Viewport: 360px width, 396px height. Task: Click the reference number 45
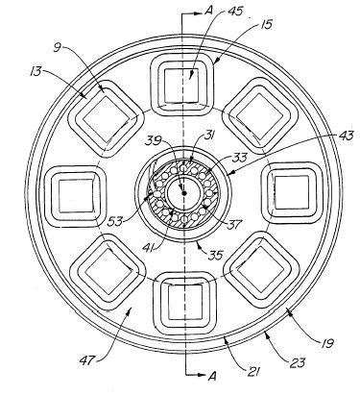pyautogui.click(x=235, y=12)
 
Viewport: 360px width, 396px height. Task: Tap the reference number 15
pyautogui.click(x=265, y=24)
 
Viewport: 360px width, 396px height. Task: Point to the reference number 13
pyautogui.click(x=36, y=71)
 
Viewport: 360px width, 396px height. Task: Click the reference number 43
pyautogui.click(x=345, y=136)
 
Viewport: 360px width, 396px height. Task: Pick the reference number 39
pyautogui.click(x=155, y=140)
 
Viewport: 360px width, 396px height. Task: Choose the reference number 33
pyautogui.click(x=240, y=157)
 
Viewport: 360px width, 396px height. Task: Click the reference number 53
pyautogui.click(x=115, y=221)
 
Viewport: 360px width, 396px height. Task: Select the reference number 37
pyautogui.click(x=234, y=224)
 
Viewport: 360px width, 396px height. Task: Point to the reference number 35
pyautogui.click(x=216, y=256)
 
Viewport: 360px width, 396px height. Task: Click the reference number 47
pyautogui.click(x=87, y=360)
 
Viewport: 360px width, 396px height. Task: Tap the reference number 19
pyautogui.click(x=326, y=343)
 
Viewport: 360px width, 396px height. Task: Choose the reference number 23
pyautogui.click(x=298, y=363)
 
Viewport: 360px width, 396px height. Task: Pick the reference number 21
pyautogui.click(x=252, y=371)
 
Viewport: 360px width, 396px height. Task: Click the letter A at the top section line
pyautogui.click(x=208, y=12)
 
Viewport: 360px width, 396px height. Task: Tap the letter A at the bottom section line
pyautogui.click(x=212, y=376)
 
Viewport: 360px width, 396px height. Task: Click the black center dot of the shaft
pyautogui.click(x=184, y=193)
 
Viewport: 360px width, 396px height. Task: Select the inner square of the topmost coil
pyautogui.click(x=181, y=86)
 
